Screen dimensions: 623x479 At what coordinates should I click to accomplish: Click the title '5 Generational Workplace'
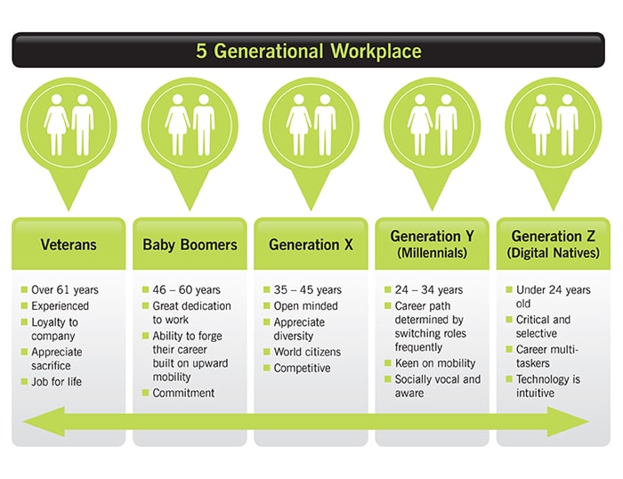point(309,52)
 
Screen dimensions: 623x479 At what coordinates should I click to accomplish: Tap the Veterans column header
point(69,245)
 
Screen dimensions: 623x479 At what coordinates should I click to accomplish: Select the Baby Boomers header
point(190,245)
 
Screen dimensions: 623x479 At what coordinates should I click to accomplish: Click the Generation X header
point(311,245)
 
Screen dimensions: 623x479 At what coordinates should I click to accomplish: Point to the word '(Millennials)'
point(433,253)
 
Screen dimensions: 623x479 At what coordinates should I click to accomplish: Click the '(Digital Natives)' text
point(553,253)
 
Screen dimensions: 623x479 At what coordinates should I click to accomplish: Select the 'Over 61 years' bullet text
point(65,289)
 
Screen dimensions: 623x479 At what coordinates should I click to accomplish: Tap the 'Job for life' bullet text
point(56,382)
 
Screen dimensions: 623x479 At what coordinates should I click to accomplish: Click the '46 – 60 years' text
point(186,289)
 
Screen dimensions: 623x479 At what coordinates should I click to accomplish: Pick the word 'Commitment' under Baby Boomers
point(183,393)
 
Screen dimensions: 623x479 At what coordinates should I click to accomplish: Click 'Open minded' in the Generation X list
point(305,305)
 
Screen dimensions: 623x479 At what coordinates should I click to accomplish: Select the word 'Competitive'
point(302,368)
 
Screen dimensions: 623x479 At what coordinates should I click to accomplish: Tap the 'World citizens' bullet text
point(307,352)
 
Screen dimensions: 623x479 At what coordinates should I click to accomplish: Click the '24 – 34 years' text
point(429,289)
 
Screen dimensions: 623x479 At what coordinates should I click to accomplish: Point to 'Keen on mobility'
point(435,363)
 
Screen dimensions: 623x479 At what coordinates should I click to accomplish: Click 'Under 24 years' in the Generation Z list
point(553,289)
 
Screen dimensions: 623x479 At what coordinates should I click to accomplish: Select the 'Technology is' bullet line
point(548,379)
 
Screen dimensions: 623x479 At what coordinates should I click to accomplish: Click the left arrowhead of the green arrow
point(44,422)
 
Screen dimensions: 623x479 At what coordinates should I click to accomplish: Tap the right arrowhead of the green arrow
point(568,422)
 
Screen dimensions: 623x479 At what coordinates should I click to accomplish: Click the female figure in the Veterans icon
point(56,125)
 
